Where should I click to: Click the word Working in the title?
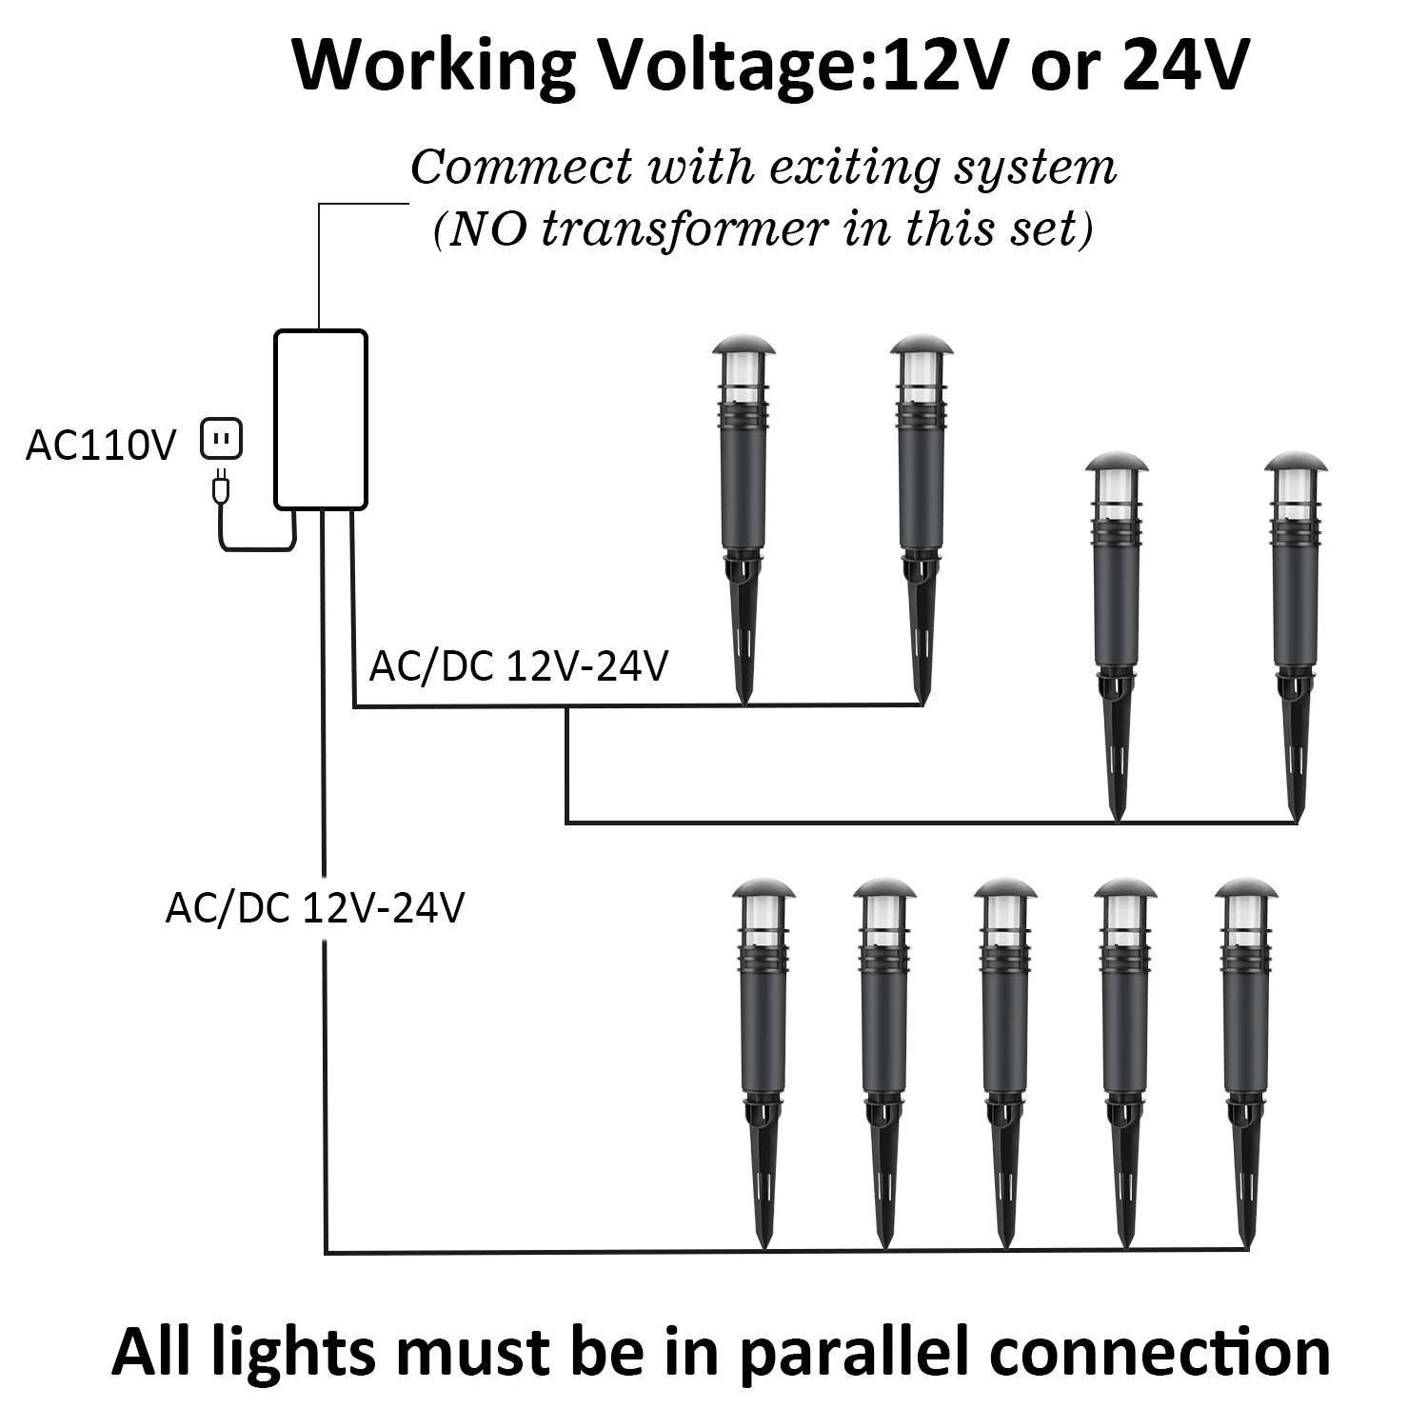pyautogui.click(x=434, y=67)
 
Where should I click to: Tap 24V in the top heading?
pyautogui.click(x=1184, y=67)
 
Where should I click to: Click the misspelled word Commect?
pyautogui.click(x=521, y=168)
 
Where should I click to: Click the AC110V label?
pyautogui.click(x=101, y=446)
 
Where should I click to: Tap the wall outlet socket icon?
pyautogui.click(x=222, y=440)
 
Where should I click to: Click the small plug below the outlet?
pyautogui.click(x=220, y=488)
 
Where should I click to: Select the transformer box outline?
pyautogui.click(x=321, y=419)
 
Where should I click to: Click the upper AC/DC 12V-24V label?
pyautogui.click(x=519, y=666)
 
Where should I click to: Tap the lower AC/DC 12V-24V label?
pyautogui.click(x=315, y=908)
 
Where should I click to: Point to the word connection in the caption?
pyautogui.click(x=1160, y=1353)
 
